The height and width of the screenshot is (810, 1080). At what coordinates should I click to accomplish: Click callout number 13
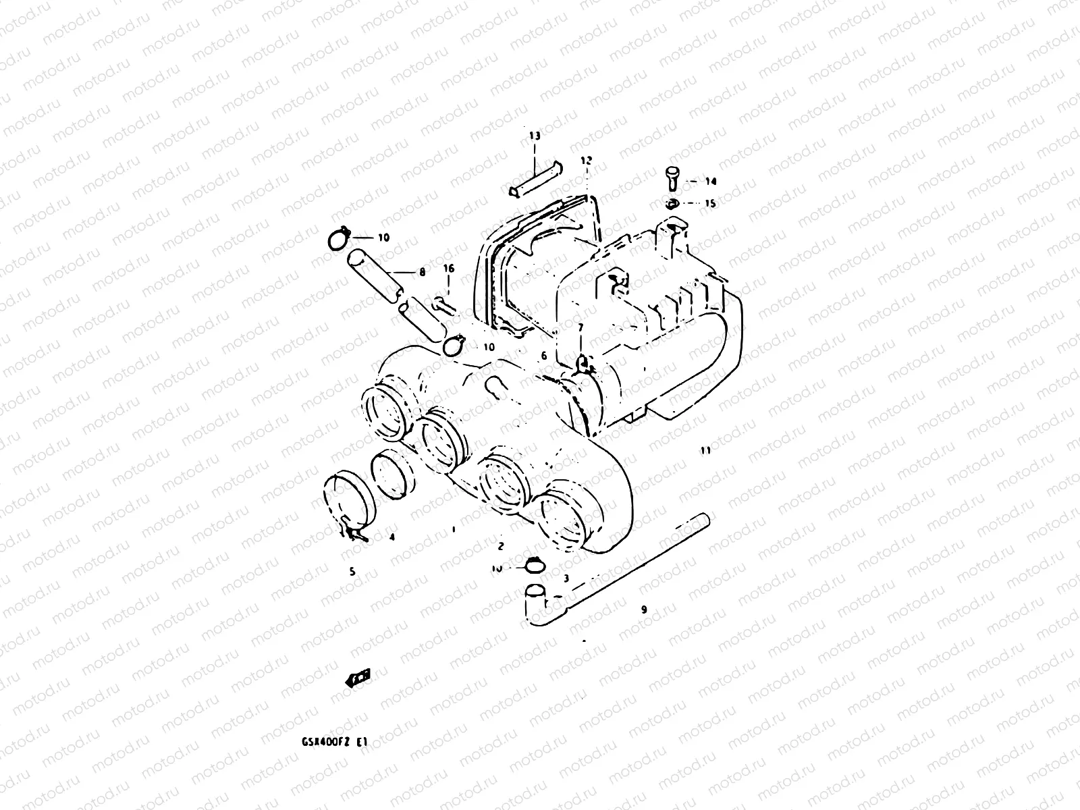point(535,136)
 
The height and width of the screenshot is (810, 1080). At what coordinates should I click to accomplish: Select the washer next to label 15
point(671,203)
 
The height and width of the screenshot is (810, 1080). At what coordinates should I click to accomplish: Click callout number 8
point(422,273)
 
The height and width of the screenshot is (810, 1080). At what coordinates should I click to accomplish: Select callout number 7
point(580,327)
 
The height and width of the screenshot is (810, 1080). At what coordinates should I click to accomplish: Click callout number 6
point(543,356)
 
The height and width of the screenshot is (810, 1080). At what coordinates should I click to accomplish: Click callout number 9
point(643,609)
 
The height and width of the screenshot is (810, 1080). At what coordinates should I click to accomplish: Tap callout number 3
point(566,578)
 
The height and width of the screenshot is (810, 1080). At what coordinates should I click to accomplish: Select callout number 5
point(352,572)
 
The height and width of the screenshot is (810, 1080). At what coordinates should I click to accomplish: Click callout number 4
point(391,537)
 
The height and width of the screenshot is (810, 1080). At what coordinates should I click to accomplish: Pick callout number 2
point(500,545)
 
